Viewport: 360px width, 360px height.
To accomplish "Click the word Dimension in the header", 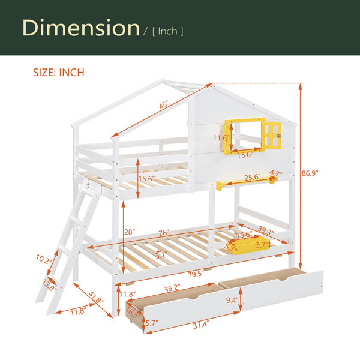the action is point(81,28).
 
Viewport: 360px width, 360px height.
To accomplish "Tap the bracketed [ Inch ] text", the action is point(167,31).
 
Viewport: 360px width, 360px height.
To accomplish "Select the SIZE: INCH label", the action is point(59,73).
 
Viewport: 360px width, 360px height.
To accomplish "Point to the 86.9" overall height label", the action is point(310,173).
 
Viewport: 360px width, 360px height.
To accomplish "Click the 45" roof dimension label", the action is point(164,104).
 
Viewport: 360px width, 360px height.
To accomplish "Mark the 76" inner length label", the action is point(164,233).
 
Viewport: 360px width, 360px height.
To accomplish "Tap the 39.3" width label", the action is point(266,230).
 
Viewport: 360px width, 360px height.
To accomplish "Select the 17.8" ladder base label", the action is point(78,312).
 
